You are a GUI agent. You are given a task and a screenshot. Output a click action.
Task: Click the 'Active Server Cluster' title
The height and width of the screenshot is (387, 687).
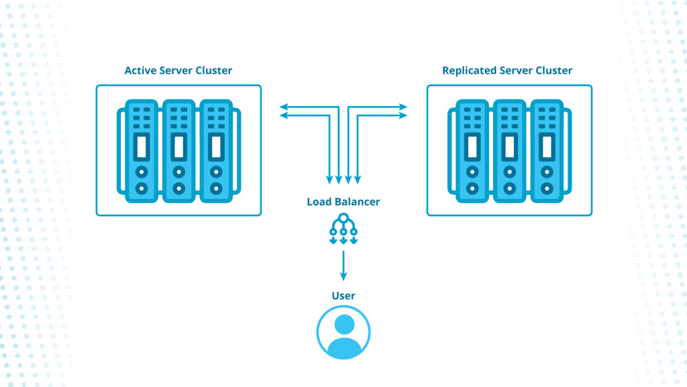[178, 71]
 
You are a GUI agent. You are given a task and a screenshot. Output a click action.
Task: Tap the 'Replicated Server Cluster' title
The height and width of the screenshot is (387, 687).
[507, 71]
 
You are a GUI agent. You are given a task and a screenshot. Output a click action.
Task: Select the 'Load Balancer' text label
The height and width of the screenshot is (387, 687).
[343, 202]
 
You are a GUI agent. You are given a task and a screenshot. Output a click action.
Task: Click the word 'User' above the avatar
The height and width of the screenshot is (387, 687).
[343, 296]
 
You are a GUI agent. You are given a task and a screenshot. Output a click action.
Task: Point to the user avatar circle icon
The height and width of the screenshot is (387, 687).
[343, 332]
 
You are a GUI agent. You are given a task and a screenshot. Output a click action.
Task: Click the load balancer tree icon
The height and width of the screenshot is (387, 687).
[343, 228]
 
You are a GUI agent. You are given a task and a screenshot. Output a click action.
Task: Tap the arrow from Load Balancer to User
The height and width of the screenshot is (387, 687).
[343, 265]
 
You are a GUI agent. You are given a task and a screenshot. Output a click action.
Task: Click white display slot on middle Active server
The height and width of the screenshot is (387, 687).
[178, 144]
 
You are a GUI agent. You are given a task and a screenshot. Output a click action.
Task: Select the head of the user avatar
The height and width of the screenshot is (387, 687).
[343, 325]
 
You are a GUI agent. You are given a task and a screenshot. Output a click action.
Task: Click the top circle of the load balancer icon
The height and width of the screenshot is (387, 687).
[343, 218]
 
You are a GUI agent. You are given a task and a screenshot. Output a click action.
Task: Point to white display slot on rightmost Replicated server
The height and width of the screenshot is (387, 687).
[547, 144]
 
